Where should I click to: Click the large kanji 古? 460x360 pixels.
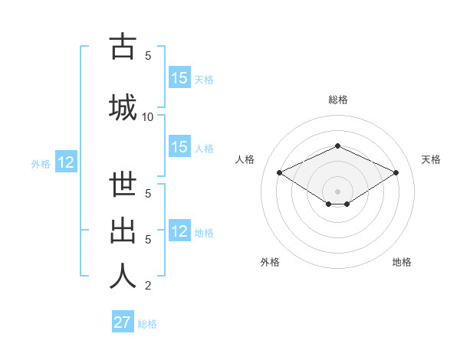pos(123,47)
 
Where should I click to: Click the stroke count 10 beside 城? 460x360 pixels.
pos(148,116)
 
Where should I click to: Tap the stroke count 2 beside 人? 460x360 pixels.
pos(148,286)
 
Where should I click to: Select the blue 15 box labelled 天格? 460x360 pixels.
pos(179,78)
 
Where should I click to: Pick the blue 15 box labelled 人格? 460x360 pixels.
pos(179,147)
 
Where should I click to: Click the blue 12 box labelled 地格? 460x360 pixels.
pos(179,231)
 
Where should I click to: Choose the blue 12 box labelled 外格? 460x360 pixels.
pos(65,162)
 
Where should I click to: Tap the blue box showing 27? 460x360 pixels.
pos(123,322)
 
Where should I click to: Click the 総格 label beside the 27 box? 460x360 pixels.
pos(148,324)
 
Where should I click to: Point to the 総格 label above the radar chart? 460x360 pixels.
pos(337,100)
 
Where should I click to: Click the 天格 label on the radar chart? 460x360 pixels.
pos(431,159)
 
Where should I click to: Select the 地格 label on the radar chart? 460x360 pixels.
pos(402,262)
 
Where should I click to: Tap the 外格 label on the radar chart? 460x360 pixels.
pos(270,262)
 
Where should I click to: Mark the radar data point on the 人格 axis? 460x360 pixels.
pos(279,172)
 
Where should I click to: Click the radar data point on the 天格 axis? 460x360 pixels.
pos(396,172)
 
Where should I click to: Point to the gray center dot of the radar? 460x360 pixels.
pos(337,191)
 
